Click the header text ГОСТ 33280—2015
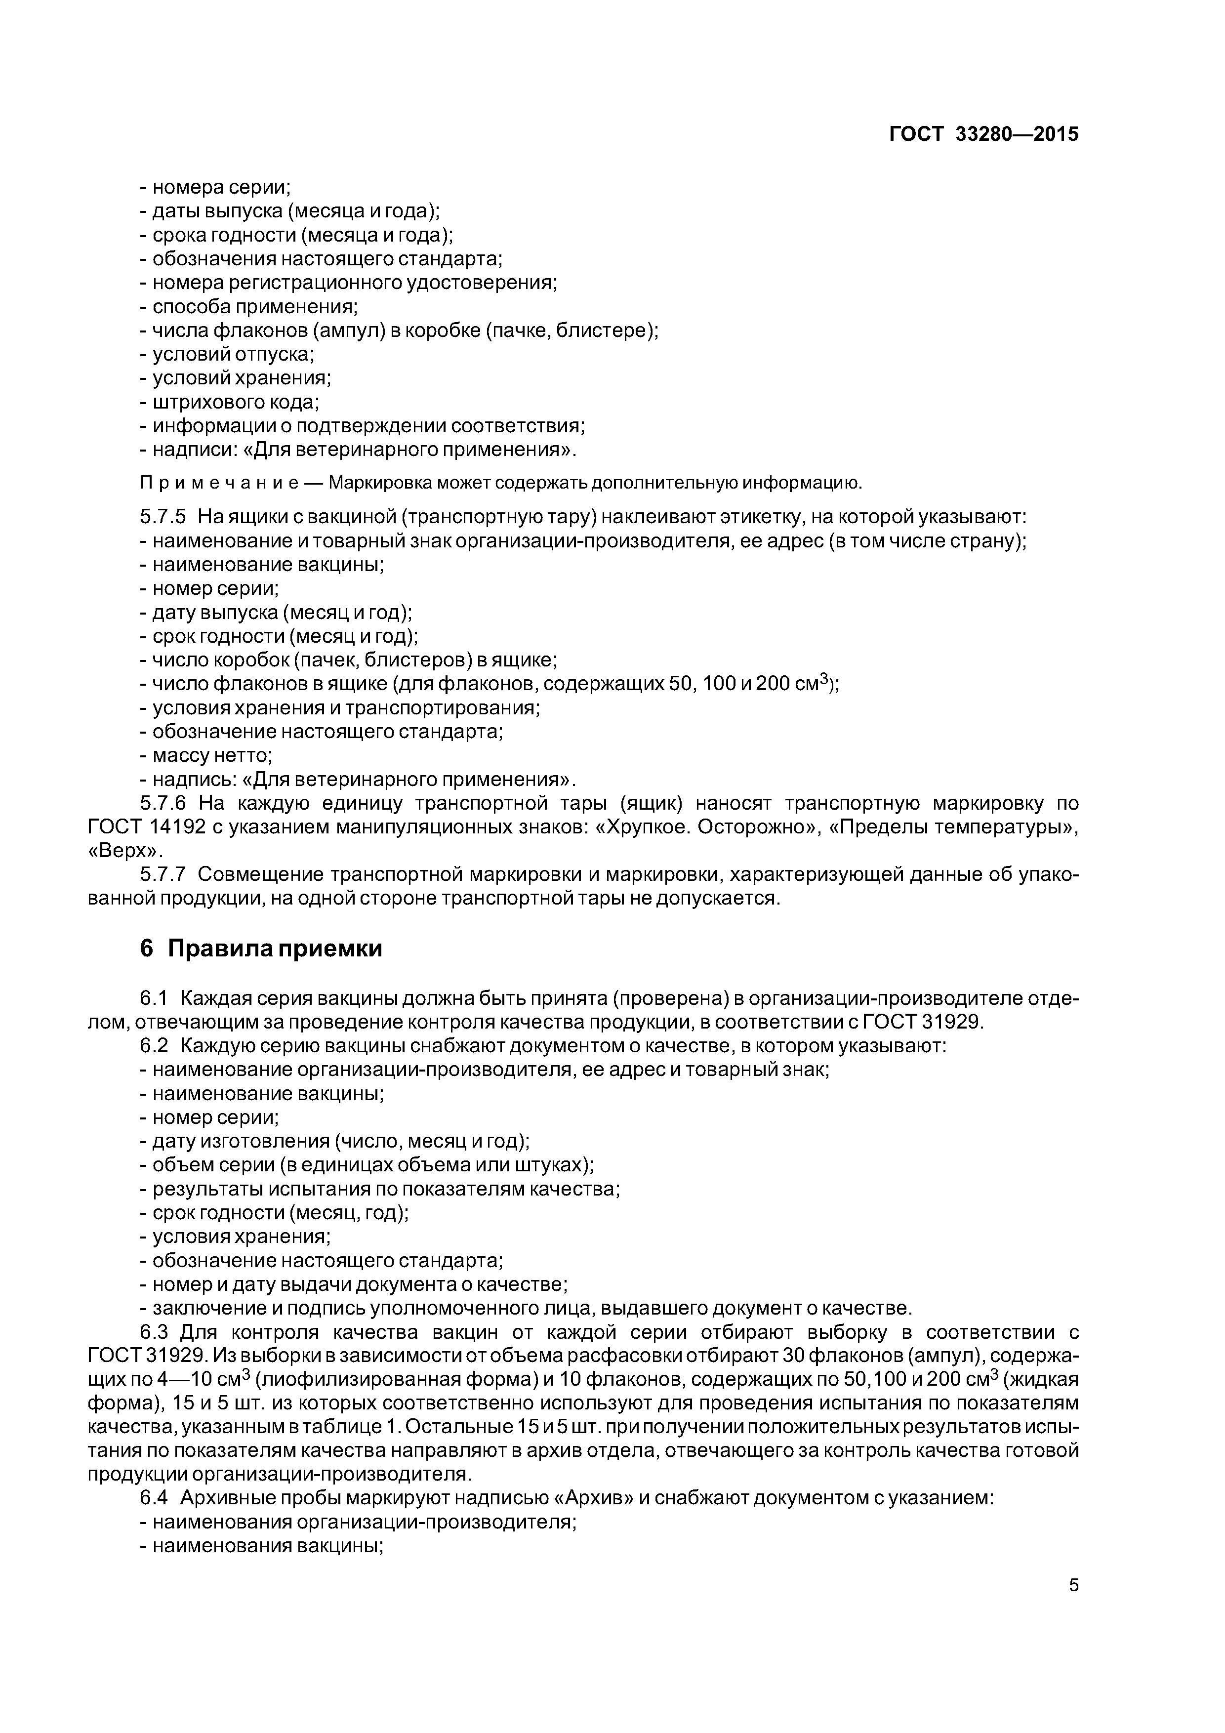[983, 135]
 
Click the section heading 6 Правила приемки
[260, 949]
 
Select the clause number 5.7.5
[163, 517]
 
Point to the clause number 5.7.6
[163, 803]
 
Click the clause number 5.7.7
[163, 875]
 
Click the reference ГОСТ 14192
[146, 827]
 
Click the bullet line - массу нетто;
[206, 755]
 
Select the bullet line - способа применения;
[249, 307]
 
